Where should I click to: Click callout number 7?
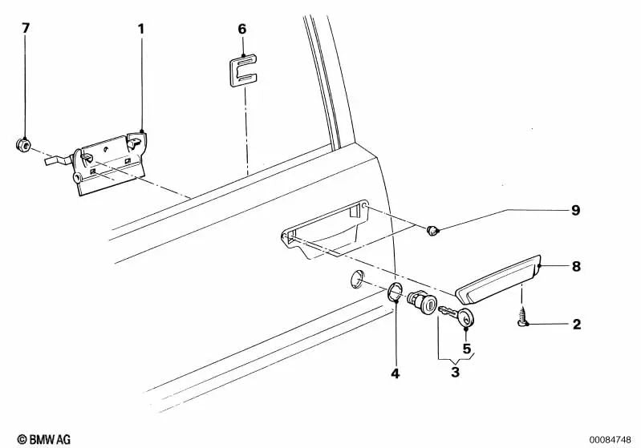tap(26, 28)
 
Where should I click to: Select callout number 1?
tap(141, 29)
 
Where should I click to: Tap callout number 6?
tap(241, 29)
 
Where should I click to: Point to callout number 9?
tap(575, 211)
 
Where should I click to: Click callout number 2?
tap(575, 325)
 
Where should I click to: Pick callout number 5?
tap(466, 349)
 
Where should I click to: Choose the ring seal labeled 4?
tap(395, 293)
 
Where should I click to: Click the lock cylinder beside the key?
tap(422, 304)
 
